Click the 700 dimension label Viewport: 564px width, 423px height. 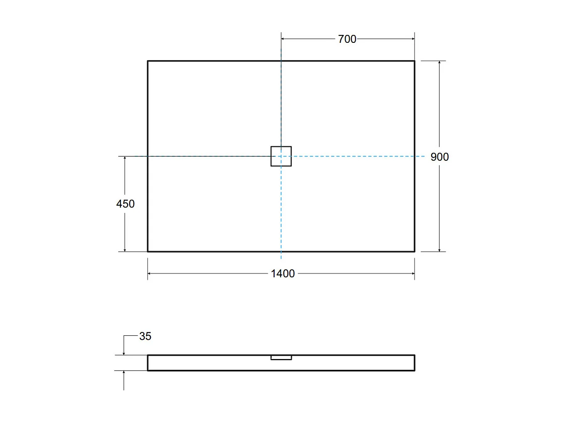[x=347, y=39]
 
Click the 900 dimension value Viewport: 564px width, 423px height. [x=439, y=157]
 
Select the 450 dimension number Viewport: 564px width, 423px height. [x=125, y=204]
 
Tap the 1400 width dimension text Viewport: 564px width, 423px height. [x=282, y=274]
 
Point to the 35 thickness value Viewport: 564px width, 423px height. [x=145, y=336]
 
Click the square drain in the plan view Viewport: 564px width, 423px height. [x=281, y=156]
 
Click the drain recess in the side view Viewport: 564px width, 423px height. [x=281, y=358]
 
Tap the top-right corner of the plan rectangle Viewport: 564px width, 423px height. [x=414, y=61]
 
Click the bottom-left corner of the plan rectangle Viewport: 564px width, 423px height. [x=148, y=251]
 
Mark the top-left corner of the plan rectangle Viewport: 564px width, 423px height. [x=148, y=61]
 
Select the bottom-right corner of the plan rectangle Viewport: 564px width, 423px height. [x=414, y=251]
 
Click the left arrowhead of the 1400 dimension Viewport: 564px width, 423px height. [x=150, y=273]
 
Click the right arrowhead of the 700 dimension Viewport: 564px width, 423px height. [x=413, y=39]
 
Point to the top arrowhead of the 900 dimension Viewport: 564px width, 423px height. [x=439, y=63]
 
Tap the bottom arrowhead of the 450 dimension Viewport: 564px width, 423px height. [x=125, y=250]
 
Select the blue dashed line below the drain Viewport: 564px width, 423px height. [x=281, y=208]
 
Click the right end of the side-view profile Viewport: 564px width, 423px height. [x=414, y=363]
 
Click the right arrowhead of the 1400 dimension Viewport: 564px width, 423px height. [x=413, y=273]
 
